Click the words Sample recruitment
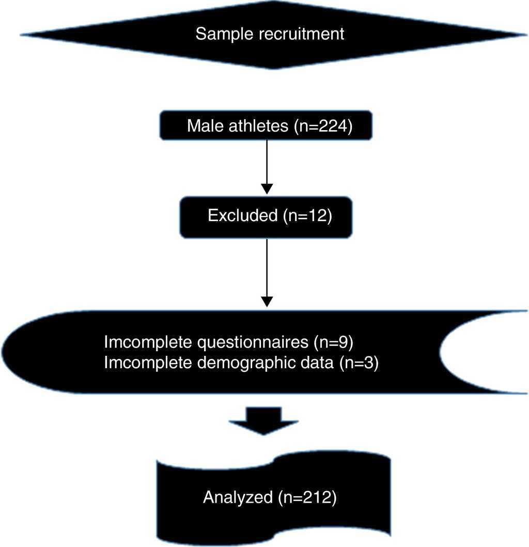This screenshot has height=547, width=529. pyautogui.click(x=270, y=35)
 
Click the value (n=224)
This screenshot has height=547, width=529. pyautogui.click(x=322, y=126)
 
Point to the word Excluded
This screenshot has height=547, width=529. pyautogui.click(x=242, y=215)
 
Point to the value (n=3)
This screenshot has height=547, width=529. pyautogui.click(x=358, y=363)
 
